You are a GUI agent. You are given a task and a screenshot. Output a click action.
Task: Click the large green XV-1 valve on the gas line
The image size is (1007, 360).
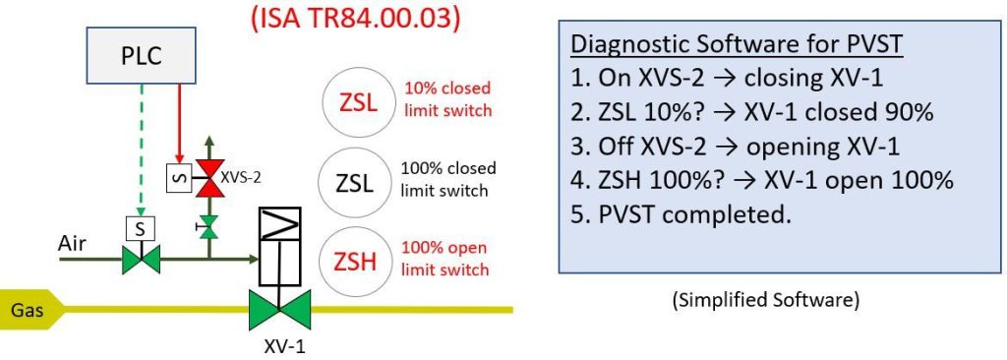[x=279, y=312]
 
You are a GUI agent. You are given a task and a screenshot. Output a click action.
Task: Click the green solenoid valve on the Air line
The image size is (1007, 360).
[x=140, y=260]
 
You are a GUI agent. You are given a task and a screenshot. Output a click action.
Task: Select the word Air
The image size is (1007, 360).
[x=72, y=242]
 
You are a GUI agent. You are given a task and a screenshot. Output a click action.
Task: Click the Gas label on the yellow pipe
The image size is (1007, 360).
[x=25, y=310]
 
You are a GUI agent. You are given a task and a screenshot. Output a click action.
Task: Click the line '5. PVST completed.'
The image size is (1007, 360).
[x=681, y=213]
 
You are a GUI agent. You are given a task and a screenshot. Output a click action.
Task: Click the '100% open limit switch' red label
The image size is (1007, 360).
[x=446, y=258]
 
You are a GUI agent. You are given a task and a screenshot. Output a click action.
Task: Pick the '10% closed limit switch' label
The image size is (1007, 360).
[x=448, y=98]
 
